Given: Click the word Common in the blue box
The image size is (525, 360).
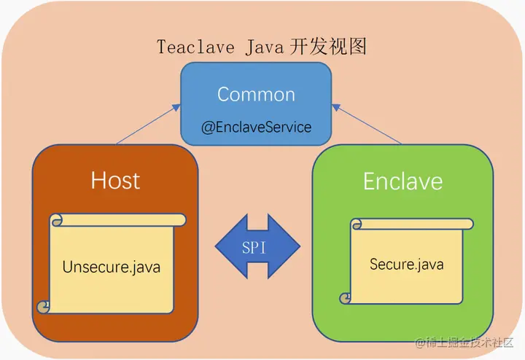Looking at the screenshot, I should tap(256, 94).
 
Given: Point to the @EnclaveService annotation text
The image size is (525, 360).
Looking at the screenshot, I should tap(256, 127).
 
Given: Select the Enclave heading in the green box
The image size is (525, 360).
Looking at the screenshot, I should tap(402, 180).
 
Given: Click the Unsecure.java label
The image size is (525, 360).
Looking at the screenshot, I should tap(112, 267).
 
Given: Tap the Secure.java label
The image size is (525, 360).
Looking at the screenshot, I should tap(406, 264).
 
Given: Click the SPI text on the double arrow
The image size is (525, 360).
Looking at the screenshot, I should tap(257, 247).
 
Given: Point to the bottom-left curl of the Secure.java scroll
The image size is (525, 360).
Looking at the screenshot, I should tap(346, 298).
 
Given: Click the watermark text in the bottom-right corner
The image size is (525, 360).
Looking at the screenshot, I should tap(464, 342).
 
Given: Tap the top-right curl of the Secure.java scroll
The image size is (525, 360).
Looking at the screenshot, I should tap(467, 223).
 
